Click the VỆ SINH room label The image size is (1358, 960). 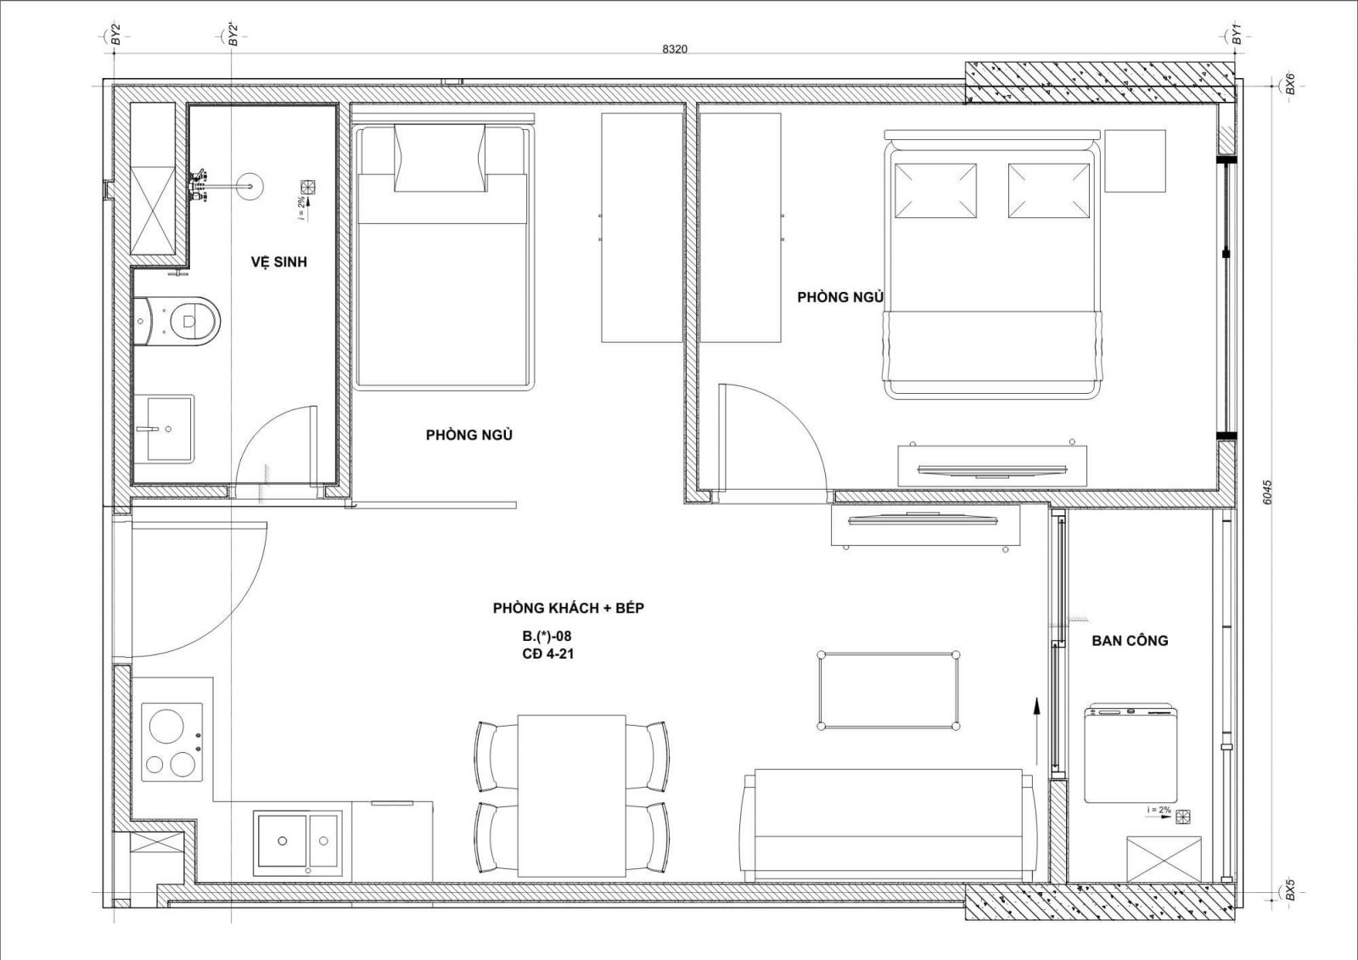(279, 262)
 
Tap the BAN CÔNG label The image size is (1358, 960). (1130, 640)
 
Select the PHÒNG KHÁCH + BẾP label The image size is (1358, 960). (568, 608)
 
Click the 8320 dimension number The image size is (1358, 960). (675, 49)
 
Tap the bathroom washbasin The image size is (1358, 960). (164, 429)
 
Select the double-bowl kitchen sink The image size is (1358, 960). (298, 843)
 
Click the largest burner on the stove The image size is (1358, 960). (166, 726)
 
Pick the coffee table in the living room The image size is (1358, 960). (889, 690)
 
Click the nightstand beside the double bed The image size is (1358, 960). (1135, 160)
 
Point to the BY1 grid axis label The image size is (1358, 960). (1237, 35)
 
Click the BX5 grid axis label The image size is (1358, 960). (1289, 892)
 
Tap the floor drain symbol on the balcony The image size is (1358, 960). (1182, 817)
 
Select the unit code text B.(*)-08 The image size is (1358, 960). (547, 636)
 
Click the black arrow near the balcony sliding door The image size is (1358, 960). (1036, 731)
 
